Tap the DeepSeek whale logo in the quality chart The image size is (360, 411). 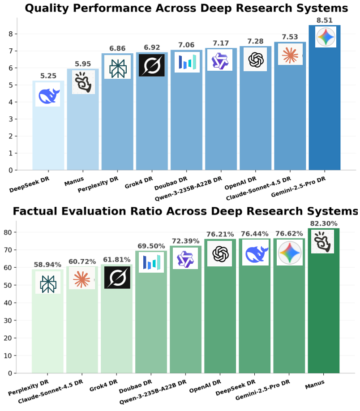(x=47, y=94)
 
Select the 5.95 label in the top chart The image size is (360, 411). (x=82, y=64)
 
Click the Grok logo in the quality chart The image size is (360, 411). (x=151, y=65)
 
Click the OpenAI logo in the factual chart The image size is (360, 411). (x=219, y=253)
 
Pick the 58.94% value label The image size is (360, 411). (x=47, y=265)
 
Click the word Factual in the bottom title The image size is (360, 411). (x=39, y=211)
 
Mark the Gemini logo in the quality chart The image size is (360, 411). (x=326, y=37)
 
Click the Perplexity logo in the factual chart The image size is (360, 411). (x=47, y=283)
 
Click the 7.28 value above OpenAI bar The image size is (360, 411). (x=255, y=41)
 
